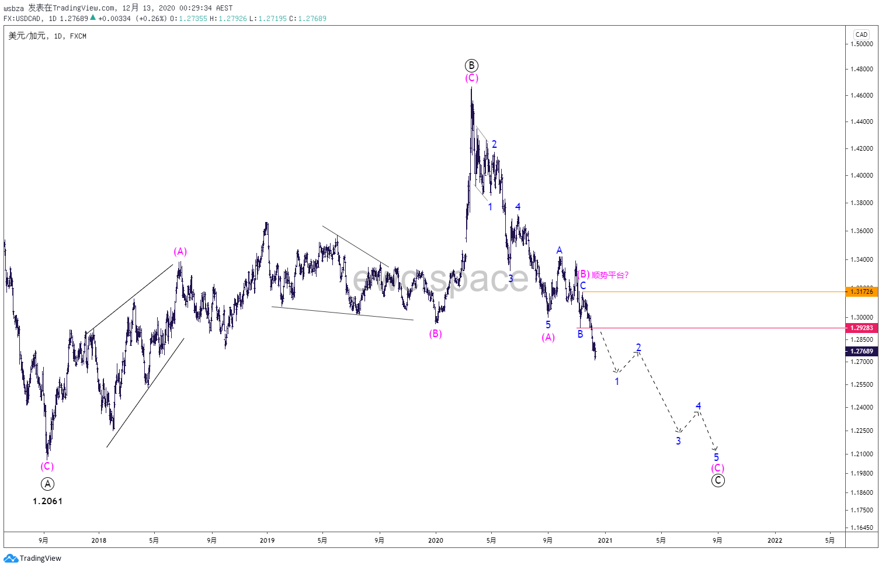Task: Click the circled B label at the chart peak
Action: click(471, 65)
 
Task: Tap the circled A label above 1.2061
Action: click(47, 484)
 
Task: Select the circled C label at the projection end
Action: click(718, 480)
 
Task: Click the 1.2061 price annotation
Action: click(47, 501)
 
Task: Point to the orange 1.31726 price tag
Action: click(862, 292)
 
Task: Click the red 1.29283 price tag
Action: click(862, 328)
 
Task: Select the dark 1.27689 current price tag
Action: click(862, 351)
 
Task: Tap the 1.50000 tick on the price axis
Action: click(862, 44)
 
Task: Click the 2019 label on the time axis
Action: click(267, 540)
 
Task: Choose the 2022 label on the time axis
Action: click(775, 540)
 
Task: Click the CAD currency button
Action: click(862, 34)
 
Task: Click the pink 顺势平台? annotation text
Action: click(610, 275)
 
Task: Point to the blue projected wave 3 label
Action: click(678, 441)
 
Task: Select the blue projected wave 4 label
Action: click(698, 406)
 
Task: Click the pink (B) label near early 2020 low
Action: click(435, 334)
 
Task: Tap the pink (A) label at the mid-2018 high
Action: click(180, 251)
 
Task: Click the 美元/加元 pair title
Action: click(27, 36)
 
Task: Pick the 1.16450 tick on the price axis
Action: click(862, 528)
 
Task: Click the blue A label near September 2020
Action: click(559, 250)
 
